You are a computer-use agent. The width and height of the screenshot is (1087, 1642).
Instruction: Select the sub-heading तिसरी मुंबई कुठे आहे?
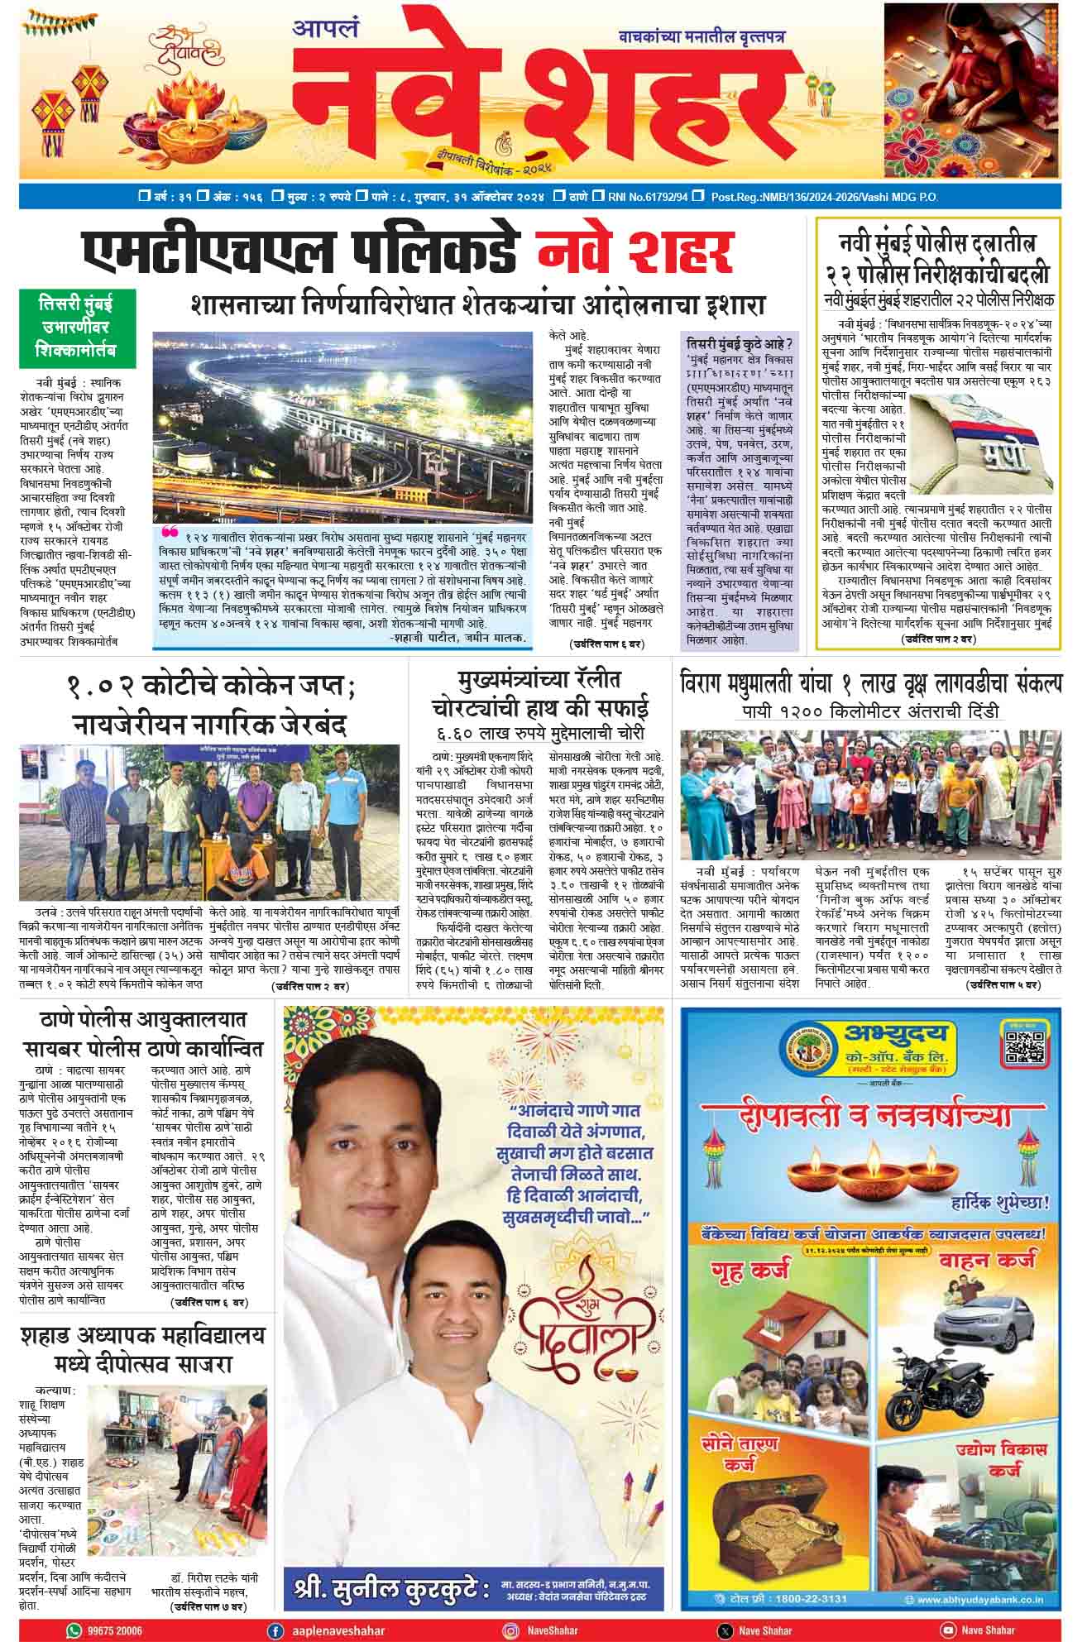tap(740, 343)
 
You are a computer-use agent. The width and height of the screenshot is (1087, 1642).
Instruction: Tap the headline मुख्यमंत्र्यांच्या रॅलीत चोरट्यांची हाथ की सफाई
tap(543, 695)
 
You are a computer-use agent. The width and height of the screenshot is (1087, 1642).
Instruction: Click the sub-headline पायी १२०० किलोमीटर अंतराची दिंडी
tap(869, 711)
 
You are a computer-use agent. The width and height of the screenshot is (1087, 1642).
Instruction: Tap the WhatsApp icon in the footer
tap(74, 1630)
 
